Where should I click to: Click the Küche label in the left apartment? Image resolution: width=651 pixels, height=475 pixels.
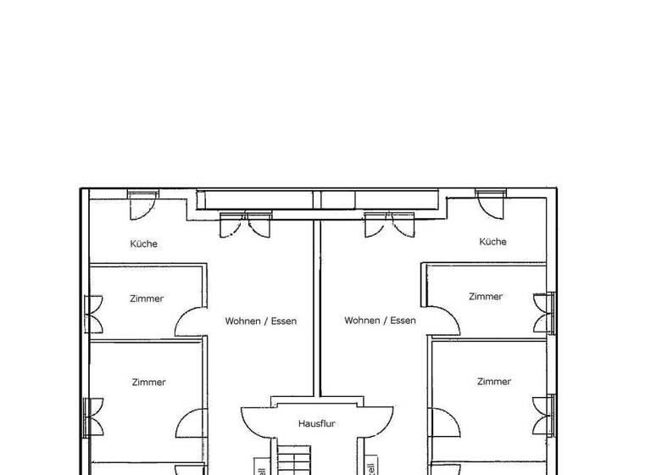point(143,243)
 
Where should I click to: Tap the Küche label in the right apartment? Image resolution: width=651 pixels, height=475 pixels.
point(492,242)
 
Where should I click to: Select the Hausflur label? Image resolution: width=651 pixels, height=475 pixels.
point(318,422)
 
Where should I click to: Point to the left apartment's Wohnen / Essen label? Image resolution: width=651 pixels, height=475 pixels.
point(260,321)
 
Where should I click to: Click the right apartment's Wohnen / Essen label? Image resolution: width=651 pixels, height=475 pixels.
point(380,321)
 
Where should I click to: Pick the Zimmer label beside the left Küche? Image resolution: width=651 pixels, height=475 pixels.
point(147,299)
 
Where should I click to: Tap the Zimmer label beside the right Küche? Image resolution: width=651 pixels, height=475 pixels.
point(486,297)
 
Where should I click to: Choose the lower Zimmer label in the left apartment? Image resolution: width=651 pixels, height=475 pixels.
point(148,383)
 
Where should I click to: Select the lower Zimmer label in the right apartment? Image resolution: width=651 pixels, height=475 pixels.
point(493,382)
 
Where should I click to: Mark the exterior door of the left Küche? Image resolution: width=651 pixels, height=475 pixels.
point(142,203)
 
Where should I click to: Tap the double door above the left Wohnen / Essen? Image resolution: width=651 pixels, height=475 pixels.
point(244,225)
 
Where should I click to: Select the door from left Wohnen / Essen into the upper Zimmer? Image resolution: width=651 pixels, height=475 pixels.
point(188,321)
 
